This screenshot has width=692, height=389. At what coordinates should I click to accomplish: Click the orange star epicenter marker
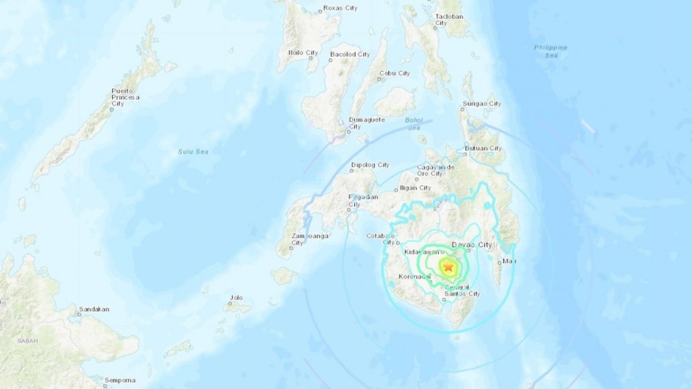(x=447, y=267)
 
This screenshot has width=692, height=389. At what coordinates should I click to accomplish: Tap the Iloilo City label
(x=303, y=52)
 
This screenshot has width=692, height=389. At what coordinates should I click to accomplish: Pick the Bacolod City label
(x=349, y=54)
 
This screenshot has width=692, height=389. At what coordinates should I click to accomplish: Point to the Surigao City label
(x=482, y=104)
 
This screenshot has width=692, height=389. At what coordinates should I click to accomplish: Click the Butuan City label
(x=484, y=148)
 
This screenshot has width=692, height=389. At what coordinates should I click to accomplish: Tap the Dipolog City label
(x=370, y=164)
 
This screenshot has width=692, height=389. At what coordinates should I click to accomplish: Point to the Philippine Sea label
(x=551, y=51)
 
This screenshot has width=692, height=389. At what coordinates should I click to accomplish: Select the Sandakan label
(x=94, y=309)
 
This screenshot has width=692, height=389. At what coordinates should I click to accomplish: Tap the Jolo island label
(x=236, y=297)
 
